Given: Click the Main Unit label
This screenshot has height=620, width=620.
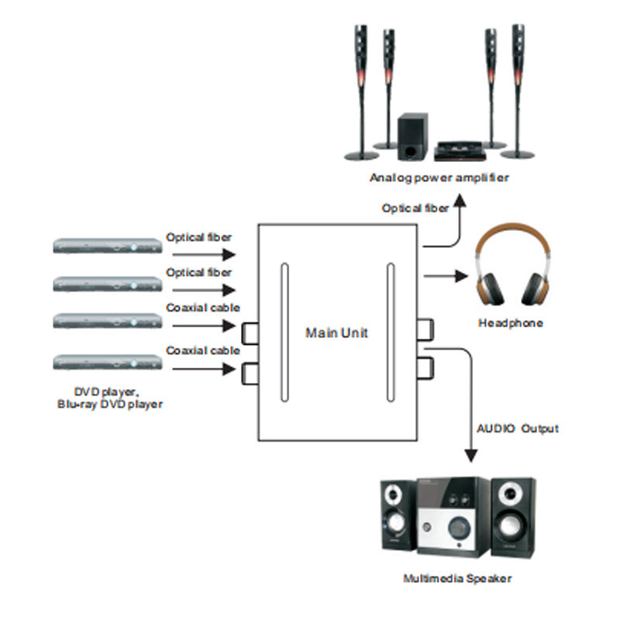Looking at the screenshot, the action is pos(336,332).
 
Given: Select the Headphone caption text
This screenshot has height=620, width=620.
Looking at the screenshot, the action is pos(511,323).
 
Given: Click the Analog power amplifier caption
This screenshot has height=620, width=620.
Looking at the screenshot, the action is pos(439,178).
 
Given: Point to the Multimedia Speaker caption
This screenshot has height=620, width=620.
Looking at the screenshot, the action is pos(457,578).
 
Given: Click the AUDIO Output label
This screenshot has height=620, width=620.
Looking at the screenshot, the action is pos(518,429).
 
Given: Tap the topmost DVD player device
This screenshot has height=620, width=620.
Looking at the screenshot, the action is pos(108,246).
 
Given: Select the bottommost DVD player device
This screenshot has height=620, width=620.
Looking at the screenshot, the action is pos(108,362).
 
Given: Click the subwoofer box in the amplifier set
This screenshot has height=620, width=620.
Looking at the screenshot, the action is pos(412,136).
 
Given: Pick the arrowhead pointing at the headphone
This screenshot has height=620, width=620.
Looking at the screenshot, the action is pos(461,276).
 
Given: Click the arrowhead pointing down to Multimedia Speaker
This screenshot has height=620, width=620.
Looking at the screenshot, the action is pos(470,456).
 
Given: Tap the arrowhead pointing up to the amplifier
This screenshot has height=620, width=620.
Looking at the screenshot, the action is pos(460,201).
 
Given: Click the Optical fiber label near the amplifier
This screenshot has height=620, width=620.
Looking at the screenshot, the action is pos(415,208).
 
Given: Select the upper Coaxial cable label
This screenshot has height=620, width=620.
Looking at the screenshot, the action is pos(203,308).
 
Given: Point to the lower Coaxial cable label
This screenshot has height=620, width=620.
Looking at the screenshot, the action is pos(203,350).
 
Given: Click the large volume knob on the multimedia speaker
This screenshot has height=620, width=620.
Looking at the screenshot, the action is pos(459,527).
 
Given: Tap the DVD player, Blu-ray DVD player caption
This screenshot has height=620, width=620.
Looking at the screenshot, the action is pos(110,398).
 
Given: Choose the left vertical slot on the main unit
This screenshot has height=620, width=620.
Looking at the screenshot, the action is pos(284,332).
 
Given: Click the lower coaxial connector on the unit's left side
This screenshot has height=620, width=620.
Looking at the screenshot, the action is pos(250,374).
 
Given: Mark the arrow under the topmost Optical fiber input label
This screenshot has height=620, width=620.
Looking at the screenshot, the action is pos(204,255).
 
